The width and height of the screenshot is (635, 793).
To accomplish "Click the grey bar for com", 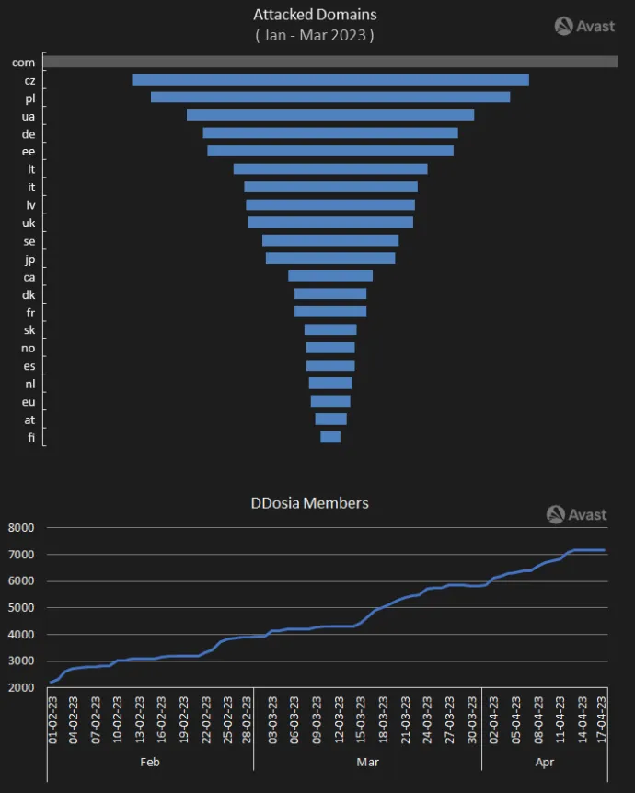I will point(330,62).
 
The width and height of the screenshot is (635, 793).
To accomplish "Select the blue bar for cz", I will point(330,79).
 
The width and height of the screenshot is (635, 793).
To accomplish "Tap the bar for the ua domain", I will point(330,115).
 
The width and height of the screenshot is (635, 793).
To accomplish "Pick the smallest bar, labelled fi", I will point(330,437).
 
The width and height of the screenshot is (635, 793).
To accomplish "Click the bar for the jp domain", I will point(330,258).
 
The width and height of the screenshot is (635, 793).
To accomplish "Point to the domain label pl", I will point(29,98).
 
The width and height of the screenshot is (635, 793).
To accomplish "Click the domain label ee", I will point(29,151).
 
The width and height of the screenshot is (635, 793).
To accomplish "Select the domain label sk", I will point(29,329).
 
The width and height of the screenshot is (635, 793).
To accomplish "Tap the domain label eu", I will point(29,401).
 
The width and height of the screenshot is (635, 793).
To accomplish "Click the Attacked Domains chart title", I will point(315,15).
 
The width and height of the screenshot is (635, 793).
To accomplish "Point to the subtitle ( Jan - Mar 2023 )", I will point(315,35).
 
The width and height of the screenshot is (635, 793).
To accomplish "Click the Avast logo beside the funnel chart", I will point(584,26).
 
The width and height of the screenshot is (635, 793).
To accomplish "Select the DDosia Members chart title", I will point(310,502).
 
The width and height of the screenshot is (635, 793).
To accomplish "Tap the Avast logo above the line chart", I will point(576,514).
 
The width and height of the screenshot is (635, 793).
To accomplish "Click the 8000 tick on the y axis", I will point(20,528).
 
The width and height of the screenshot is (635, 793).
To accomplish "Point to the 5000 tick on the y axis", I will point(20,608).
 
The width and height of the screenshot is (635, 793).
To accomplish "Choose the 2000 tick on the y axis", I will point(20,688).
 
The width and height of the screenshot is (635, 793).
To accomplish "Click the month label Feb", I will point(150,763).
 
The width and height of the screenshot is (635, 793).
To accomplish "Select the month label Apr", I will point(543,763).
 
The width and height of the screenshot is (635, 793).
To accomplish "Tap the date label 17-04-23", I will point(604,722).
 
